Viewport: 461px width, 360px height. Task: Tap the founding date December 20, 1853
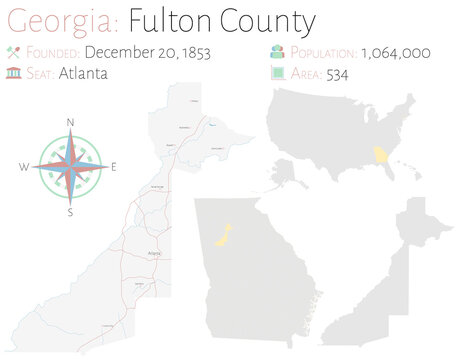click(x=148, y=52)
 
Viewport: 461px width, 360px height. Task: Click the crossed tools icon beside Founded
click(x=13, y=52)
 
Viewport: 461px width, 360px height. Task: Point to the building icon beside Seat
click(x=13, y=71)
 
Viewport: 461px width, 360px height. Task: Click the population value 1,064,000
click(x=395, y=52)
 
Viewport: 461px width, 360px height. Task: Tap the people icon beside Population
click(x=275, y=52)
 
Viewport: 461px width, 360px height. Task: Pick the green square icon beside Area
click(x=275, y=72)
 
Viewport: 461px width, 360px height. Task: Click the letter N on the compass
click(x=70, y=123)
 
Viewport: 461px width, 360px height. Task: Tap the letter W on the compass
click(x=24, y=167)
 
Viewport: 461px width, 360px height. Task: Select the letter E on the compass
click(x=114, y=167)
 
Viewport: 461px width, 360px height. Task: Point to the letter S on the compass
click(x=70, y=212)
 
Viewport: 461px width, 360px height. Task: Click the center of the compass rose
click(x=70, y=167)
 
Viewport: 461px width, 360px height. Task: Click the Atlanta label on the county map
click(x=154, y=254)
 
